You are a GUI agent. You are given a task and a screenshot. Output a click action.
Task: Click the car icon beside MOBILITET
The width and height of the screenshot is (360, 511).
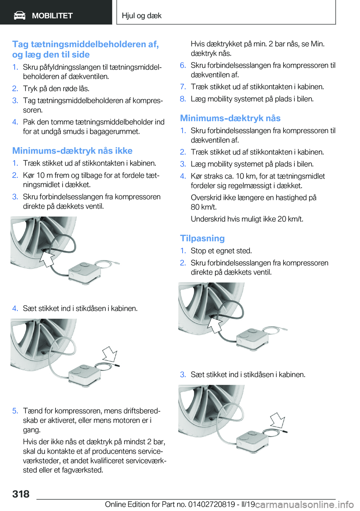tap(19, 15)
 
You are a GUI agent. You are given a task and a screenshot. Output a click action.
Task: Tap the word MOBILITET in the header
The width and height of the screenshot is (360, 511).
tap(52, 16)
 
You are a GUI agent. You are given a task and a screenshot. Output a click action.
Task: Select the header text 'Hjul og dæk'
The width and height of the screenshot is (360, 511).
tap(141, 16)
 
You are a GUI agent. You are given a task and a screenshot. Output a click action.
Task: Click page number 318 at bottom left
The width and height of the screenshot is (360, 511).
tap(21, 494)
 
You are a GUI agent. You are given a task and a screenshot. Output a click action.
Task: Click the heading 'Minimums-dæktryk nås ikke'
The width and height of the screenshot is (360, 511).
tap(72, 151)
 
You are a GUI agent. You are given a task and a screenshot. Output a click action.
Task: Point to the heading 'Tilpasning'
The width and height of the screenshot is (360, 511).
tap(202, 238)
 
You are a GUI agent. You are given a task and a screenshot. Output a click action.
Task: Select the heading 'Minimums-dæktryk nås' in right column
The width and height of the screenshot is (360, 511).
tap(230, 118)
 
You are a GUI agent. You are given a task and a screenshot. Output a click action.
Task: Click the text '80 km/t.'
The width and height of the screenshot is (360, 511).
tap(204, 207)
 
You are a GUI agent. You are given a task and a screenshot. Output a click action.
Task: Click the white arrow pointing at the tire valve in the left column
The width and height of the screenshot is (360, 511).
tap(47, 259)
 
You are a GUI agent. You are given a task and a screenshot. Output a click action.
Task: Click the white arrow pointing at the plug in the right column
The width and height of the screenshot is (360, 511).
tap(278, 420)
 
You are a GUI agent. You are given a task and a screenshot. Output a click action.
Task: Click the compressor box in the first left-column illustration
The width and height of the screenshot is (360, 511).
tap(84, 271)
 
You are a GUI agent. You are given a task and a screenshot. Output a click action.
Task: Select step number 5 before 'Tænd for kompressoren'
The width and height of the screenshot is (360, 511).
tap(15, 411)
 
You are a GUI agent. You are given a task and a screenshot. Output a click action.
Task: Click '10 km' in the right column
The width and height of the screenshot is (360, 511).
tap(245, 176)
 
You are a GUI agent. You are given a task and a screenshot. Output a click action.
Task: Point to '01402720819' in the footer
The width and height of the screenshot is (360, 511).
tap(211, 504)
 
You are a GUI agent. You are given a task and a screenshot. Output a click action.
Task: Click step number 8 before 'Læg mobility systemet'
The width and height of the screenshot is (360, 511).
tap(183, 99)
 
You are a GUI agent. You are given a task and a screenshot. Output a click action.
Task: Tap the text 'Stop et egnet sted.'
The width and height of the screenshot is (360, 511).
tap(221, 251)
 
